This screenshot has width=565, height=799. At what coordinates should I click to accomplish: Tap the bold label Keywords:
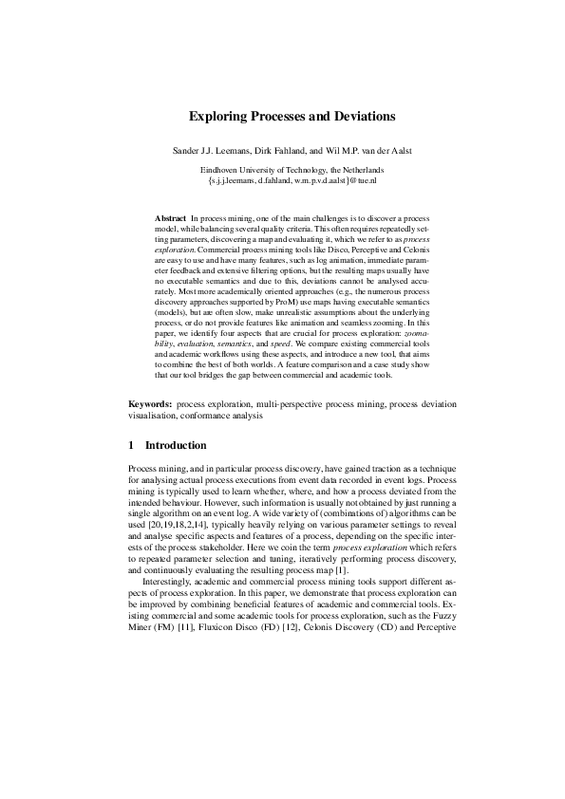pos(149,403)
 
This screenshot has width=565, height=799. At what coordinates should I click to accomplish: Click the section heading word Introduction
pos(176,445)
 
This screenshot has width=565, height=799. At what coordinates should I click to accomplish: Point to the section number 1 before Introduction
pos(131,445)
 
